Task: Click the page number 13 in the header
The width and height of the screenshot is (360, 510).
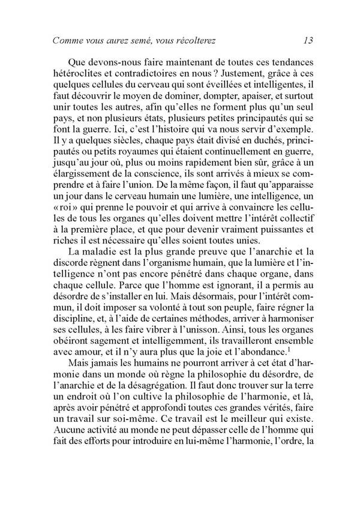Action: pos(308,41)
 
